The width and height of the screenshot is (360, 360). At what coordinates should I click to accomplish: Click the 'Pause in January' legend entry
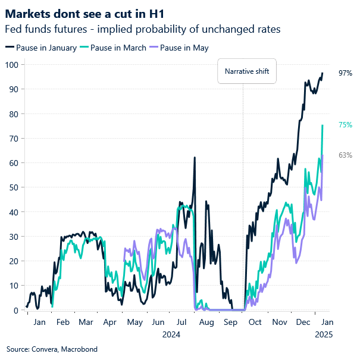coord(40,48)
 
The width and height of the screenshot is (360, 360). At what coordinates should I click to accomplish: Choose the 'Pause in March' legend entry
coord(114,48)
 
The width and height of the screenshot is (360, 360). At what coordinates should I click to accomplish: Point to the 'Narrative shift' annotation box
coord(246,72)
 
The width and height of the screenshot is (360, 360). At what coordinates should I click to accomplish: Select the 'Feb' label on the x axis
coord(62,322)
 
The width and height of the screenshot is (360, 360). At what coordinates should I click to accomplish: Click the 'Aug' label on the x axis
coord(206,322)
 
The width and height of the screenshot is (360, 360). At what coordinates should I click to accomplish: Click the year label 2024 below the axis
coord(171,334)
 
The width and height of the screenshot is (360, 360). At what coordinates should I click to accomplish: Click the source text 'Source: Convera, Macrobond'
coord(52,349)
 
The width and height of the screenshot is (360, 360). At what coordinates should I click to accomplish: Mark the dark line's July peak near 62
coord(195,158)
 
